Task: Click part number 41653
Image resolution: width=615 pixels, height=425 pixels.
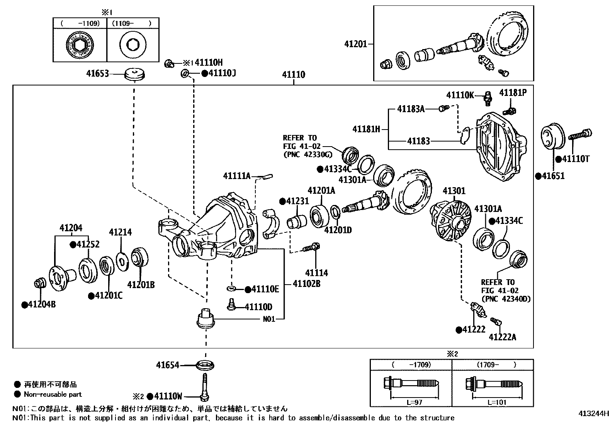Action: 97,74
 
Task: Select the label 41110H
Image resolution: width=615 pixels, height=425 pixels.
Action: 209,63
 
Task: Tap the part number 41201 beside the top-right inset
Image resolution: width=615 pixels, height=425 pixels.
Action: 356,44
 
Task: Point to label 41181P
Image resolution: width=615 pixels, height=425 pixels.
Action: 513,93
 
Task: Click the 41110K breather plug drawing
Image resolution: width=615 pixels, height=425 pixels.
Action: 488,98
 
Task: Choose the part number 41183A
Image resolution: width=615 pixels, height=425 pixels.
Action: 411,109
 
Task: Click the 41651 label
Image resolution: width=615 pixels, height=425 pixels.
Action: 553,176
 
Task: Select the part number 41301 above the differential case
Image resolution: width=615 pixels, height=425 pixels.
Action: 454,191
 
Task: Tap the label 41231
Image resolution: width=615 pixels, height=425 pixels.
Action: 297,201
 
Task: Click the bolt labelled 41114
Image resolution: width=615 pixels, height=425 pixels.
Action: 311,247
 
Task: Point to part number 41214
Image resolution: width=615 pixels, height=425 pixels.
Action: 120,232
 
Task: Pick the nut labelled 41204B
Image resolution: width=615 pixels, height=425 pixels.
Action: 39,283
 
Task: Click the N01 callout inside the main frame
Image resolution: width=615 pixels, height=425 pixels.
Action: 269,319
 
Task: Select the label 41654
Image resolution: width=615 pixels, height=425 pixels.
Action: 168,365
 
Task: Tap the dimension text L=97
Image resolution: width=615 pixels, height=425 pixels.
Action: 414,402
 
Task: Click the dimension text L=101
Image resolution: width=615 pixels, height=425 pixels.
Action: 497,402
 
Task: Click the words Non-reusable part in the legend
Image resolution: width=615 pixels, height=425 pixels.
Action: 53,394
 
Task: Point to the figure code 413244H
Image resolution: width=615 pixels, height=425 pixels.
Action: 594,413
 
